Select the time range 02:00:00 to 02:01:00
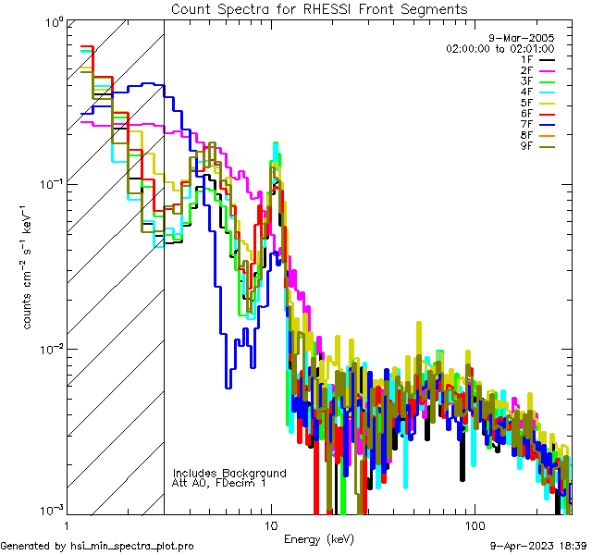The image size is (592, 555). click(x=499, y=48)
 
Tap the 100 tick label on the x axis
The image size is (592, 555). click(x=475, y=524)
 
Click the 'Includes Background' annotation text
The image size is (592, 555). click(x=229, y=473)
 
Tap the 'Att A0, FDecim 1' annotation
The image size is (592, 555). click(x=219, y=483)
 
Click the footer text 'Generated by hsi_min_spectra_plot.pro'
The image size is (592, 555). click(x=97, y=547)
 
